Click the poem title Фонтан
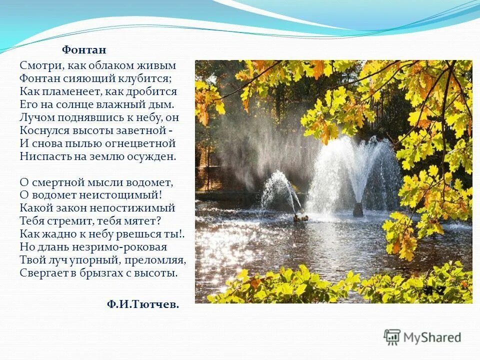point(84,50)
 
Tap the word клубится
point(152,78)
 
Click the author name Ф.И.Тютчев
point(142,304)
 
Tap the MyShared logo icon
point(392,337)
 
